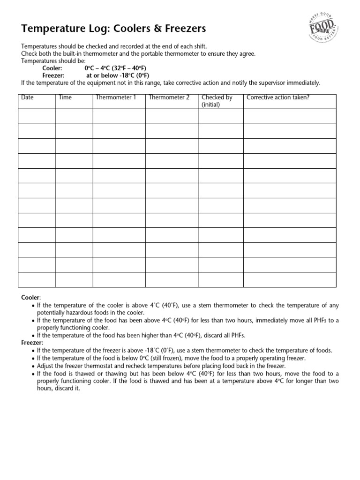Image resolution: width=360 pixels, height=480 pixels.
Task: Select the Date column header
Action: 28,97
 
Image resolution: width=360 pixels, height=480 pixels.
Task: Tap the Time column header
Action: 65,97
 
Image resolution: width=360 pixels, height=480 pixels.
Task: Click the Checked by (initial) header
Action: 217,101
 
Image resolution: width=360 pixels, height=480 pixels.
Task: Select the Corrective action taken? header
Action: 278,97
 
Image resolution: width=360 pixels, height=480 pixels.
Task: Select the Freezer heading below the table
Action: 32,343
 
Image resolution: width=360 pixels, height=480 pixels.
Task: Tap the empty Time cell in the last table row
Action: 74,279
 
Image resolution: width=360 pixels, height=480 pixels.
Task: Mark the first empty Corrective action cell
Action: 289,116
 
